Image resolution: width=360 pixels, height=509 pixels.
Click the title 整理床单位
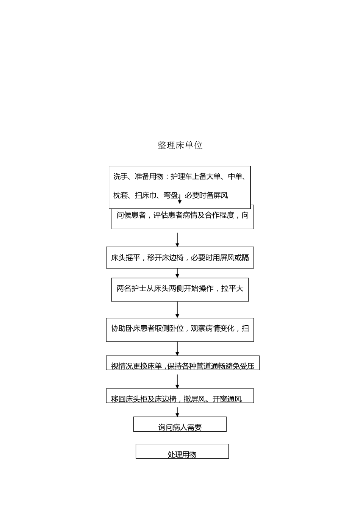click(180, 145)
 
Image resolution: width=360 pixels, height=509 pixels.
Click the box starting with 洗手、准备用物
click(180, 186)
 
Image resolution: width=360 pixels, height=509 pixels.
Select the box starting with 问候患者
click(182, 217)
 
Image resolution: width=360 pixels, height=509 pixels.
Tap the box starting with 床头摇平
click(180, 258)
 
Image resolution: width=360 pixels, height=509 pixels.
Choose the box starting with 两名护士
click(180, 290)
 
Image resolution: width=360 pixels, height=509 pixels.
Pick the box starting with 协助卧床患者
click(180, 329)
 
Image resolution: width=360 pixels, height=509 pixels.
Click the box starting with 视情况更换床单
click(182, 363)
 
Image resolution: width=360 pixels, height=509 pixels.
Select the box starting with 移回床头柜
click(180, 396)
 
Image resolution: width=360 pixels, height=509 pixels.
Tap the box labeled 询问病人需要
click(180, 425)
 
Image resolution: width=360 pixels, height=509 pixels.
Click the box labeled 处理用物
click(182, 451)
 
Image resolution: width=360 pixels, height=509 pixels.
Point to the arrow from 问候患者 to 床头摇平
click(177, 239)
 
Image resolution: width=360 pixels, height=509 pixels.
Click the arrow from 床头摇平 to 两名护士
click(177, 273)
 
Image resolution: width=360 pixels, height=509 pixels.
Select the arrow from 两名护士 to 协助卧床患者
click(177, 310)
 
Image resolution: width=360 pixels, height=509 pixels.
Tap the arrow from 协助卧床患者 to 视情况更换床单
click(177, 348)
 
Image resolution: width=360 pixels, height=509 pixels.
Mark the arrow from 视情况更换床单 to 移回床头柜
click(177, 381)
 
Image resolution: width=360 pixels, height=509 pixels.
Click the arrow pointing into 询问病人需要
click(177, 412)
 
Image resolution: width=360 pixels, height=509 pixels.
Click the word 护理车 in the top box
click(181, 176)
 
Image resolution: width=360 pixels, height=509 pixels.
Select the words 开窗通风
click(227, 399)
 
